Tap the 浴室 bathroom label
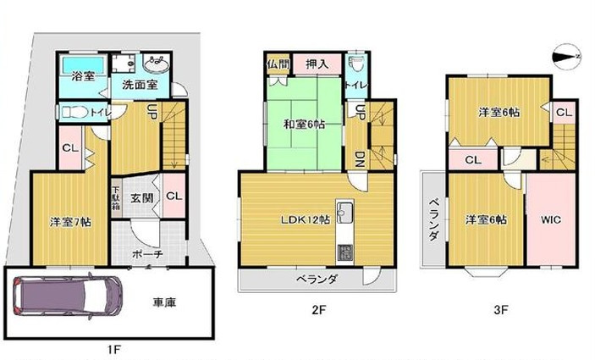tap(82, 77)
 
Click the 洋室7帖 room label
tap(69, 222)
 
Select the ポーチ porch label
tap(147, 253)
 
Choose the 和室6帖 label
tap(305, 125)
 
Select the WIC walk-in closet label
tap(550, 219)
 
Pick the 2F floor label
tap(317, 309)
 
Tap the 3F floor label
tap(500, 309)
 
